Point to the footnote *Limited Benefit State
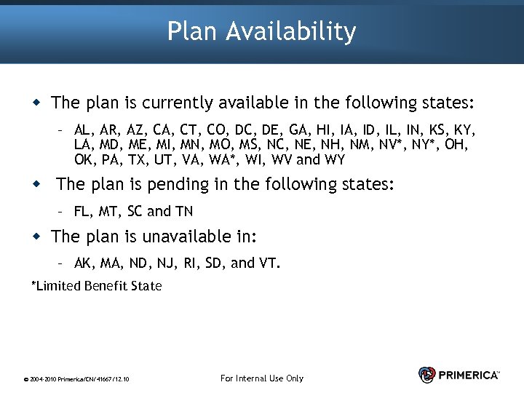click(x=96, y=286)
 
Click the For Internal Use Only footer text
click(x=261, y=378)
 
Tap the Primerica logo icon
click(x=427, y=374)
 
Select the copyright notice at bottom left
click(x=76, y=379)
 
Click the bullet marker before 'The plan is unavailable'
click(x=36, y=237)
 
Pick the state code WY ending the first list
click(x=336, y=159)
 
